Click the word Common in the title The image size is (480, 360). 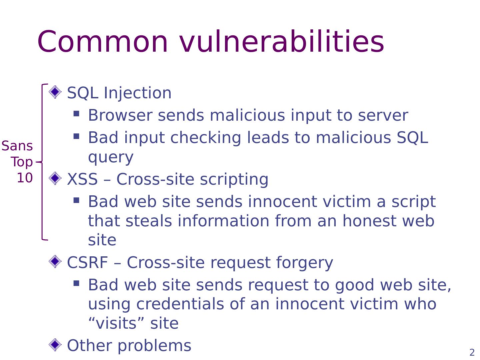(x=103, y=42)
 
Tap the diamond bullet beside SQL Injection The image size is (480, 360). (x=55, y=92)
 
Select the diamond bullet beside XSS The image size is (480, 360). (x=55, y=178)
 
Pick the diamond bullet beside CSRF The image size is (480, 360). (x=55, y=261)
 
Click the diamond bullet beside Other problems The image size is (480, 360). (x=55, y=344)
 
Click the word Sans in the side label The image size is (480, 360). (x=17, y=146)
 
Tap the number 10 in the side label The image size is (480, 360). (x=25, y=178)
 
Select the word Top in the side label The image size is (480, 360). (x=22, y=162)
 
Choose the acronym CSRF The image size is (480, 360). (x=87, y=263)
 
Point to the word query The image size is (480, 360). (x=111, y=157)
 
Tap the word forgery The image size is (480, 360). (x=304, y=263)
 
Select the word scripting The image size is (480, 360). (x=234, y=180)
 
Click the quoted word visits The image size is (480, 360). (x=116, y=323)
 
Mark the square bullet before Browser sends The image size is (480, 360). (x=76, y=114)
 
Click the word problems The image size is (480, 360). (x=155, y=346)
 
